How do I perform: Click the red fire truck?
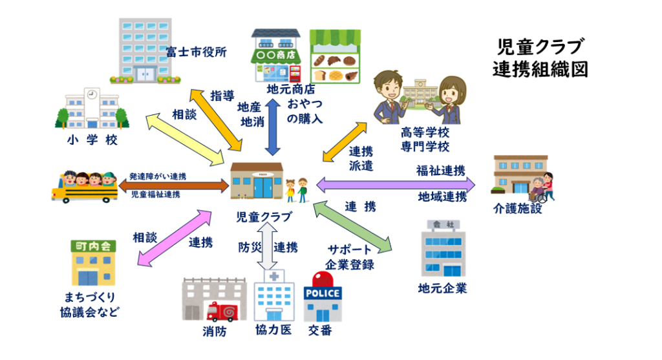(223, 312)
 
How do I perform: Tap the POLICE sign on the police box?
(323, 293)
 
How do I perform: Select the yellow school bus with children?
(83, 187)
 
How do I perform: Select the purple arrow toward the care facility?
(395, 185)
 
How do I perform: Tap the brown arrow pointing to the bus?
(174, 185)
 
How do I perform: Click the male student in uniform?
(390, 95)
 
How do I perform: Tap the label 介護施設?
(517, 209)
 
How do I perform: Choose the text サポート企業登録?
(350, 257)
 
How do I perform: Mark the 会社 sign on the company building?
(443, 224)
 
